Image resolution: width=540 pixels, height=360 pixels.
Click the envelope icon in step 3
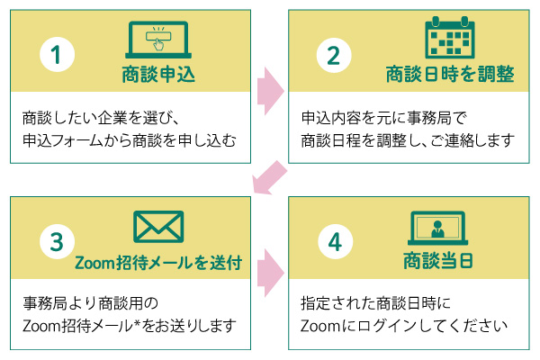(158, 227)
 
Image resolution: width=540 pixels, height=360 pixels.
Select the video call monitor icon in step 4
(436, 229)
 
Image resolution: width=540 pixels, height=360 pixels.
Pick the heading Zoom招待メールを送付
(158, 263)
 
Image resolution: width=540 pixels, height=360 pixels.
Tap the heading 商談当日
(436, 262)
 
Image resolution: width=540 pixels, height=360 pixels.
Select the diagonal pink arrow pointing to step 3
(270, 175)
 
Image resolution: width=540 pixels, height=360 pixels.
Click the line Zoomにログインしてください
(396, 325)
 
